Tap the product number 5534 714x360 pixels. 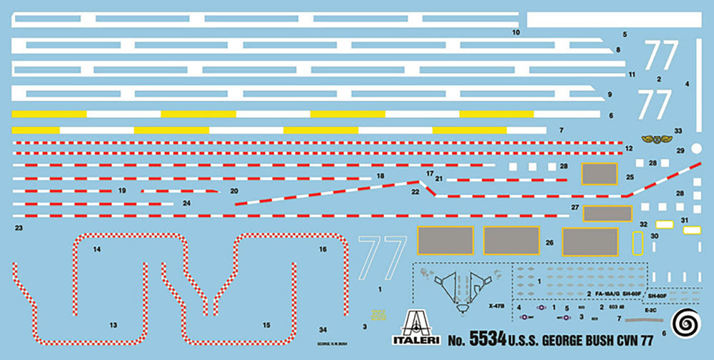[x=488, y=341]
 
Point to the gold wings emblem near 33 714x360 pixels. [x=654, y=139]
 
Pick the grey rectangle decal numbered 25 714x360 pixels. [x=600, y=174]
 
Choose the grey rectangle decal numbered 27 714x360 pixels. [x=608, y=213]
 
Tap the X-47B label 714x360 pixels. [x=497, y=306]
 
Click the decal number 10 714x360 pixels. [x=516, y=32]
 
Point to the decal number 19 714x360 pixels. [x=122, y=191]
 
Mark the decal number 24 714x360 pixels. [x=186, y=204]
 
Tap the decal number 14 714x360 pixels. [x=96, y=249]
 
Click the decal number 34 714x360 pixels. [x=323, y=329]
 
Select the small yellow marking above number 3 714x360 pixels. [x=376, y=314]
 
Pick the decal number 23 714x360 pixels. [x=19, y=228]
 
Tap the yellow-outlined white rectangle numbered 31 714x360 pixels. [x=691, y=230]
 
